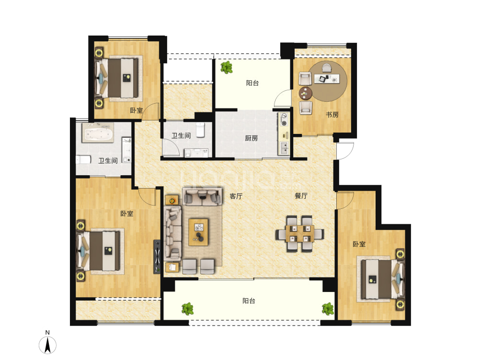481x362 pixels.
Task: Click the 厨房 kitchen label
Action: click(252, 139)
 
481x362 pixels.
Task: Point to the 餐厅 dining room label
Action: click(301, 196)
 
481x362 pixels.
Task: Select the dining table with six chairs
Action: click(299, 234)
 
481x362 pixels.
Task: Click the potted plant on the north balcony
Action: click(225, 68)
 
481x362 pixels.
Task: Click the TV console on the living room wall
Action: click(157, 257)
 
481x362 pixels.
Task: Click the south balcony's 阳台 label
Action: click(249, 301)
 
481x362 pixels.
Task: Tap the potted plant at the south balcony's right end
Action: click(328, 308)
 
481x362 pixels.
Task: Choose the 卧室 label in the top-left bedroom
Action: click(136, 110)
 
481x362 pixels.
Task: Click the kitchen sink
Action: click(284, 146)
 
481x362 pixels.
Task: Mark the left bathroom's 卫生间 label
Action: click(108, 161)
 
